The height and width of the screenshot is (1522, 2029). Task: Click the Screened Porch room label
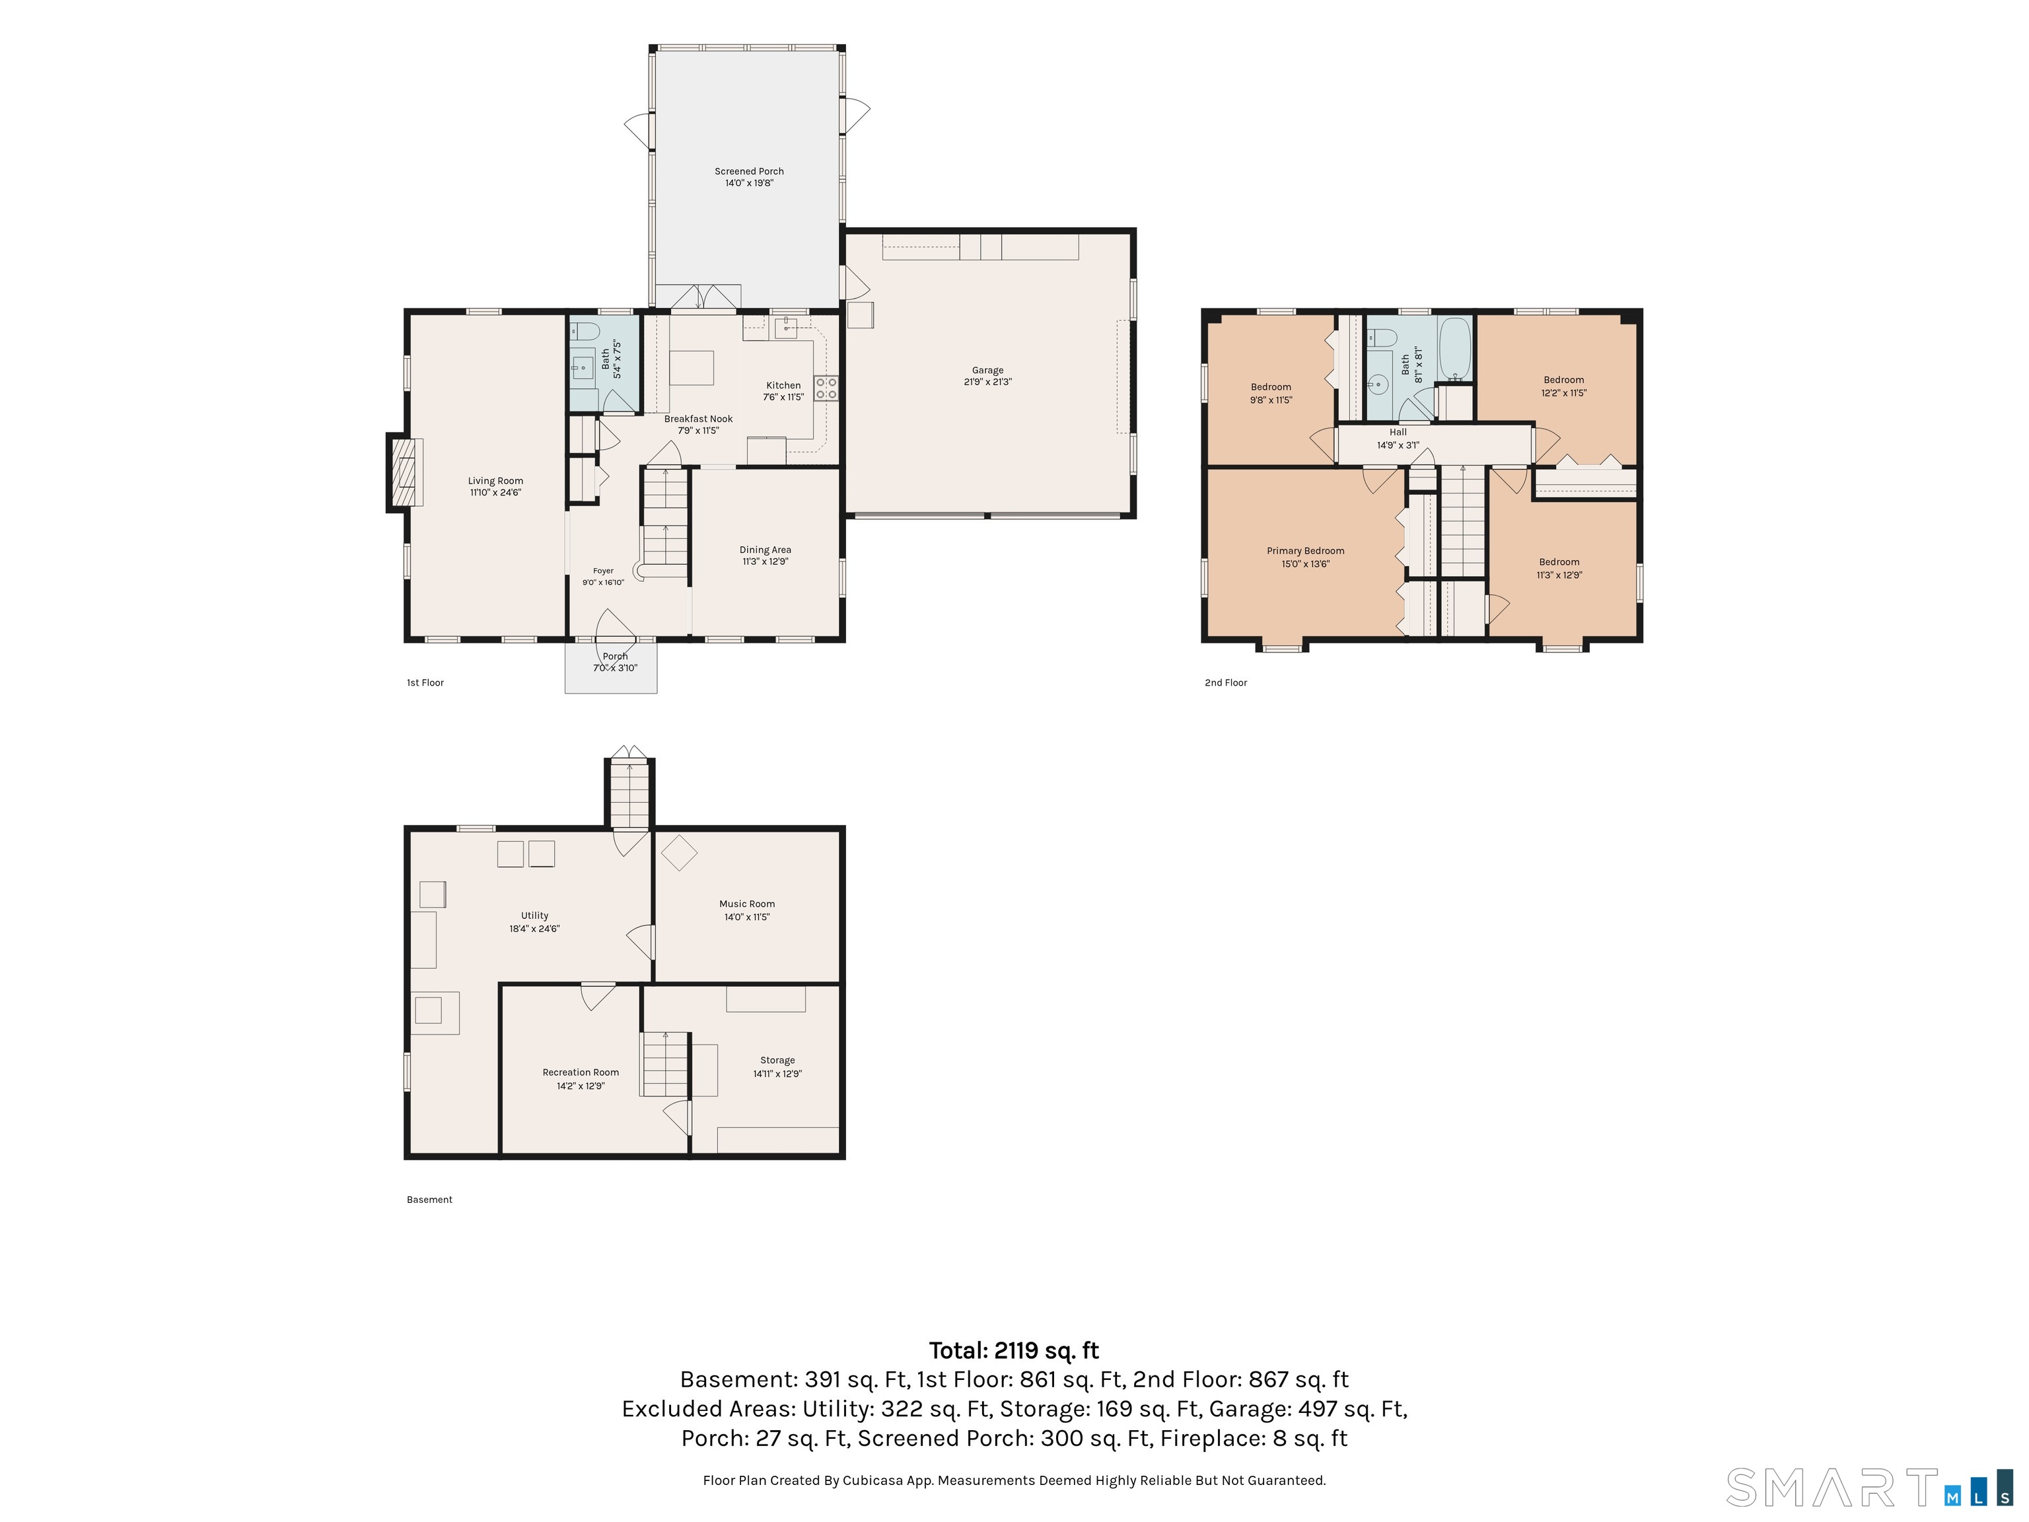tap(750, 172)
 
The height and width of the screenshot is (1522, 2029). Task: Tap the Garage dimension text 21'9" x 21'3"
tap(988, 382)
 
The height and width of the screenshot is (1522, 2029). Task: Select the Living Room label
tap(495, 481)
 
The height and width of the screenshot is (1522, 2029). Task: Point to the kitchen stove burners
tap(826, 388)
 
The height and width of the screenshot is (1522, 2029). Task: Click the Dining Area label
tap(765, 550)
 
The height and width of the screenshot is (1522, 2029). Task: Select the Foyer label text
tap(602, 571)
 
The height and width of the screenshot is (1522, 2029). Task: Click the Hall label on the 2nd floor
tap(1398, 432)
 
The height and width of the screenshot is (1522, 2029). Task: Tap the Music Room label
tap(746, 904)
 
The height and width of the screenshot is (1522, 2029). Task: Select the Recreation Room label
tap(581, 1072)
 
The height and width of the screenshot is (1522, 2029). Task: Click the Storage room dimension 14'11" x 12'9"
tap(778, 1074)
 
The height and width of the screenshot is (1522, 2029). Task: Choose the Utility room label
tap(535, 916)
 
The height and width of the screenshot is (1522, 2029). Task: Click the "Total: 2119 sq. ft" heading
tap(1014, 1350)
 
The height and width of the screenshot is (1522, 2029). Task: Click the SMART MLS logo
tap(1869, 1487)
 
